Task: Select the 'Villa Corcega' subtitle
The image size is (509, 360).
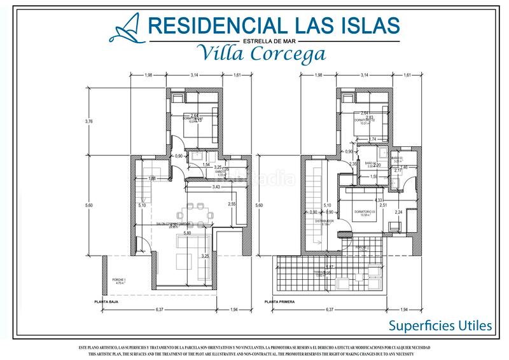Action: pyautogui.click(x=261, y=53)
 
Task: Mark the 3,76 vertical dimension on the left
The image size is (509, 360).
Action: pyautogui.click(x=89, y=121)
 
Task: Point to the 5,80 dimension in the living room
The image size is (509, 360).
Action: pyautogui.click(x=187, y=233)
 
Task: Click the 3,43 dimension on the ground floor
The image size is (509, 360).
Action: pyautogui.click(x=216, y=187)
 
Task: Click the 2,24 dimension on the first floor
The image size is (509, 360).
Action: pyautogui.click(x=399, y=212)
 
